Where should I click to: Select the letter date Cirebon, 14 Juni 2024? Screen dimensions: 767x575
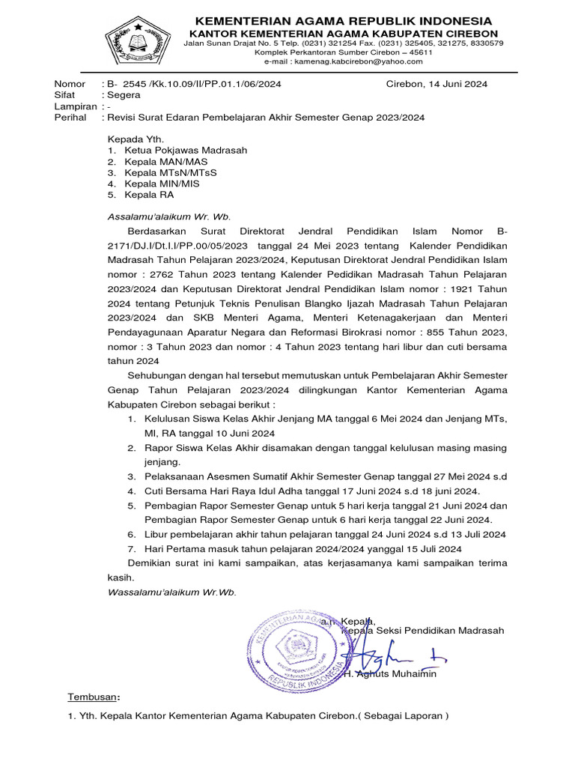436,84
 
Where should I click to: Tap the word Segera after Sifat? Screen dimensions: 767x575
124,95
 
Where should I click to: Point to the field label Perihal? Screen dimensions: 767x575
70,118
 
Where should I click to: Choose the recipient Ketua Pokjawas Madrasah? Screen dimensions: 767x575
186,150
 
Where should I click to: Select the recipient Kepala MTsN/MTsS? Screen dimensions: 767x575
171,172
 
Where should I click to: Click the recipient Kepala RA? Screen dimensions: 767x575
149,195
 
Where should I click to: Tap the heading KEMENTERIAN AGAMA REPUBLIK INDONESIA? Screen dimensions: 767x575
344,20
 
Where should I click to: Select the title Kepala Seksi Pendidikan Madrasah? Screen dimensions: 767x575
422,631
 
